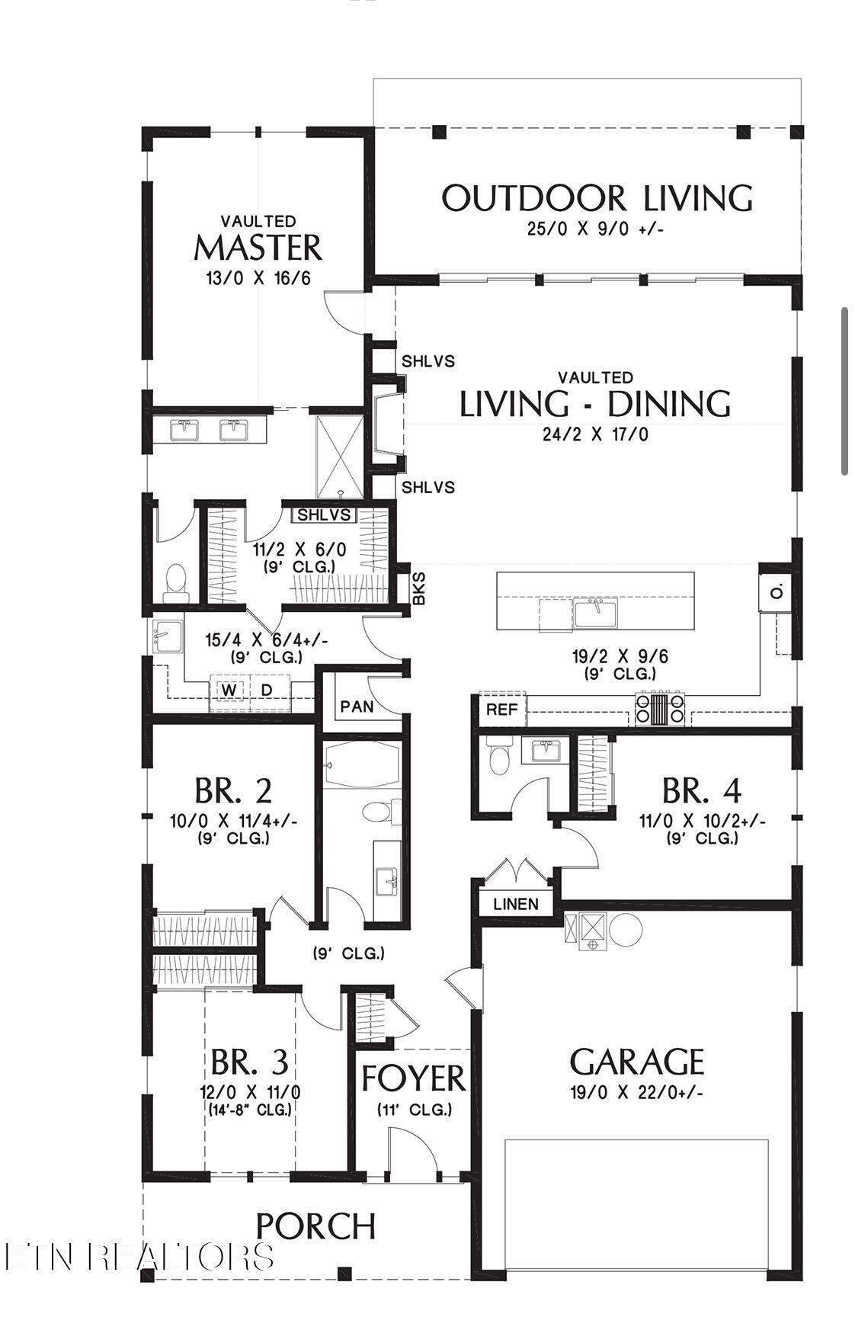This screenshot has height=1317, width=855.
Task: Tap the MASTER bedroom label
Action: click(258, 248)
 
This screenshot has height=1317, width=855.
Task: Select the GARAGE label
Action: click(637, 1062)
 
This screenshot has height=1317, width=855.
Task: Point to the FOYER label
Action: click(412, 1078)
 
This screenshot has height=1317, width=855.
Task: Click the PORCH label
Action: click(315, 1226)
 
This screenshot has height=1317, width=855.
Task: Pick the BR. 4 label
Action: click(702, 791)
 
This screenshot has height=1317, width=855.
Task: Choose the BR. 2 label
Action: click(233, 791)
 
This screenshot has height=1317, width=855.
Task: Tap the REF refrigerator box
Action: click(502, 710)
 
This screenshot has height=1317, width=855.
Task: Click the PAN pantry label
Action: click(357, 707)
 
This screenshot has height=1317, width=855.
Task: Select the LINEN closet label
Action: click(516, 904)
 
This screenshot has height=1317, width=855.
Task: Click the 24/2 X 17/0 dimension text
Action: click(595, 435)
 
